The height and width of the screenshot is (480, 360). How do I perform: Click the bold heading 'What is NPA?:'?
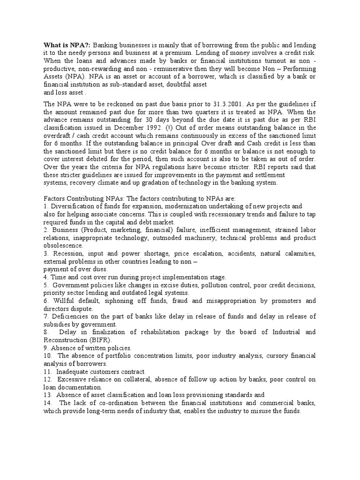pyautogui.click(x=67, y=45)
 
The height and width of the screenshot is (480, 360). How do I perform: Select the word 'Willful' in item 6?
pyautogui.click(x=63, y=300)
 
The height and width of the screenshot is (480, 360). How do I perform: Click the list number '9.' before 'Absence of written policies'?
pyautogui.click(x=46, y=348)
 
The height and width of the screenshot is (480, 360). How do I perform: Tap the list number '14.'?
pyautogui.click(x=47, y=403)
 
